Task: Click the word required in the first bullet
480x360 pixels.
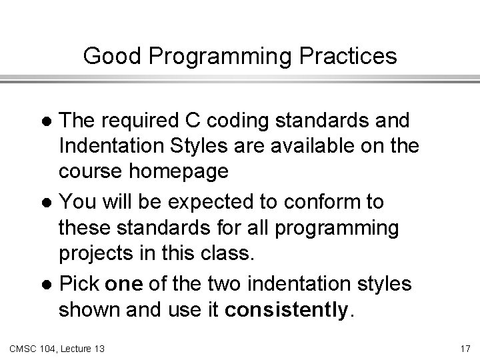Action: [139, 122]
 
